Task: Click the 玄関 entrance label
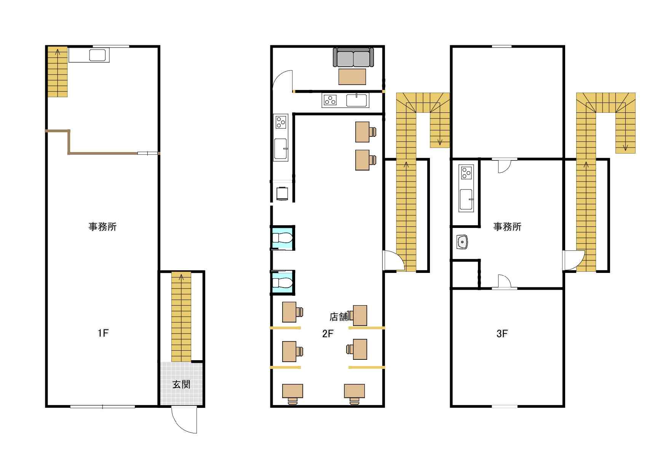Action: [x=181, y=384]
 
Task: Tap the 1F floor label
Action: [x=103, y=333]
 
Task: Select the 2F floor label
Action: [x=328, y=334]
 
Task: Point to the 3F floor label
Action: [x=502, y=334]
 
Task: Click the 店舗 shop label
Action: [x=339, y=317]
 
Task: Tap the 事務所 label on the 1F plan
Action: [x=103, y=227]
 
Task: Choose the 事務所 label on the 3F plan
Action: [x=507, y=227]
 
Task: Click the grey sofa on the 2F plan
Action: [x=353, y=57]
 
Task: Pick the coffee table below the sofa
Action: [x=352, y=76]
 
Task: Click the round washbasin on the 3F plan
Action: [x=462, y=242]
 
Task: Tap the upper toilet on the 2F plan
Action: [x=282, y=238]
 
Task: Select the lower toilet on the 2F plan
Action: [x=282, y=282]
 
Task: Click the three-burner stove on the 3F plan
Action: [x=467, y=173]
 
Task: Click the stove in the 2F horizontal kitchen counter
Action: [x=330, y=100]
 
